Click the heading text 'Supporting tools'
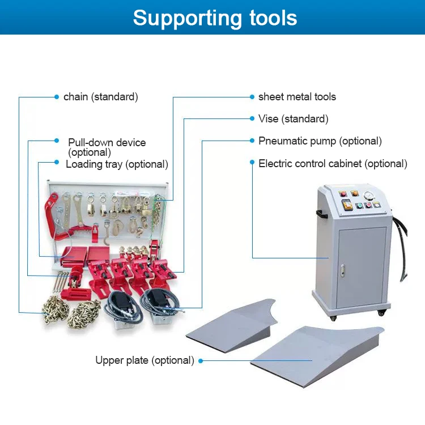tap(215, 18)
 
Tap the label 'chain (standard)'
tap(100, 97)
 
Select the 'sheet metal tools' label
tap(297, 97)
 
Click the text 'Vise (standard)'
tap(293, 119)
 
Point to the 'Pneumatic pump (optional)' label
tap(320, 141)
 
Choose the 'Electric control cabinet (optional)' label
tap(333, 164)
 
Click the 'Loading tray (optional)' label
tap(117, 164)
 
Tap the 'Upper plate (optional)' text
tap(144, 360)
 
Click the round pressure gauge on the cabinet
tap(370, 194)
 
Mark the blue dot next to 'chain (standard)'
tap(57, 97)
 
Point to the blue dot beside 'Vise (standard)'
tap(252, 119)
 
